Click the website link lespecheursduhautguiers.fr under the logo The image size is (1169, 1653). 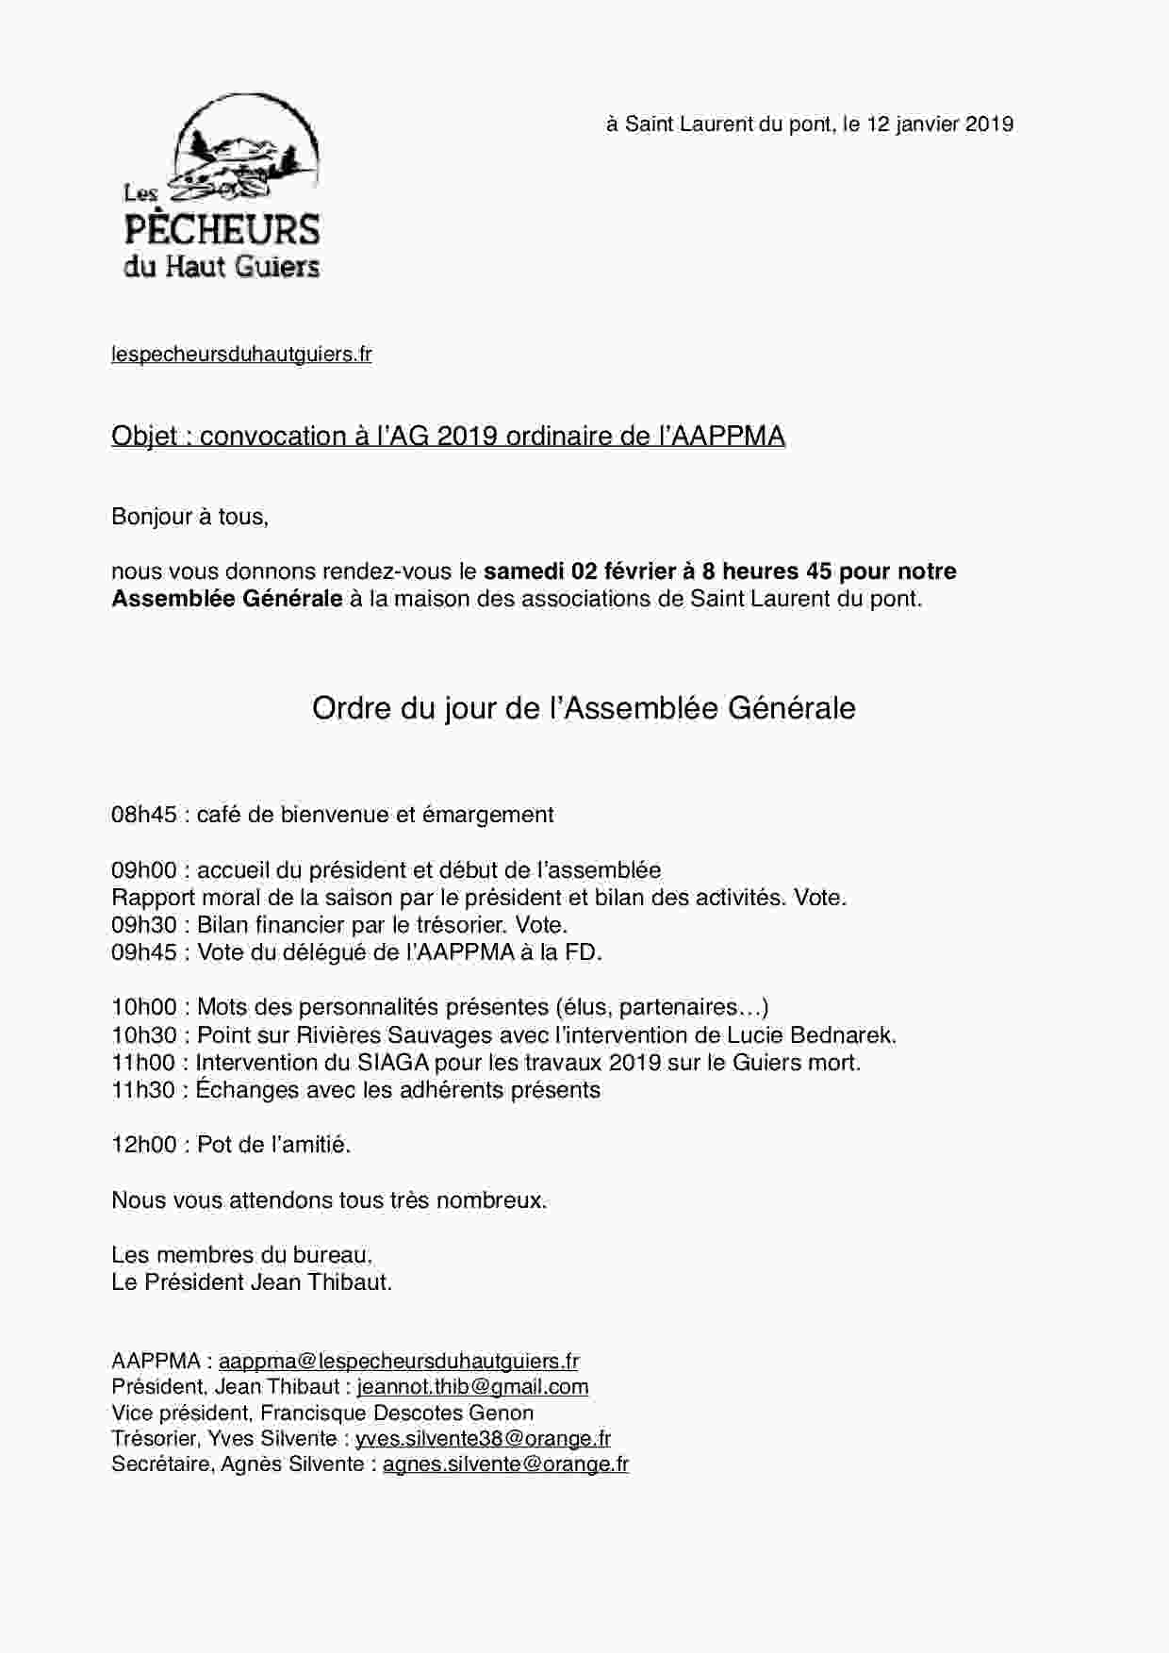pyautogui.click(x=241, y=355)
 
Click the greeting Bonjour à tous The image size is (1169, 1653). pyautogui.click(x=189, y=517)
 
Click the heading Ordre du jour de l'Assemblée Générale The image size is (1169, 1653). pyautogui.click(x=584, y=708)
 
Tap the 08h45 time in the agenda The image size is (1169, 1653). pyautogui.click(x=143, y=815)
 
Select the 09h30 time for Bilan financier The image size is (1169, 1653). pyautogui.click(x=143, y=925)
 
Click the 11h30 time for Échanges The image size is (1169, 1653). pyautogui.click(x=143, y=1090)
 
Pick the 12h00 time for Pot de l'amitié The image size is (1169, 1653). pyautogui.click(x=143, y=1145)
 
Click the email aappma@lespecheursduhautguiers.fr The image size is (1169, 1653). pyautogui.click(x=399, y=1362)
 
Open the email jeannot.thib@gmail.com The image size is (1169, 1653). pyautogui.click(x=472, y=1387)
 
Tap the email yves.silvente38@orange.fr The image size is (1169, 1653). pyautogui.click(x=483, y=1439)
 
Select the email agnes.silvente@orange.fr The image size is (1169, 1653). pyautogui.click(x=505, y=1464)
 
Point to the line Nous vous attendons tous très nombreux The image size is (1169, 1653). pyautogui.click(x=329, y=1200)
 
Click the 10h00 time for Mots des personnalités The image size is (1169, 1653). pyautogui.click(x=143, y=1008)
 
